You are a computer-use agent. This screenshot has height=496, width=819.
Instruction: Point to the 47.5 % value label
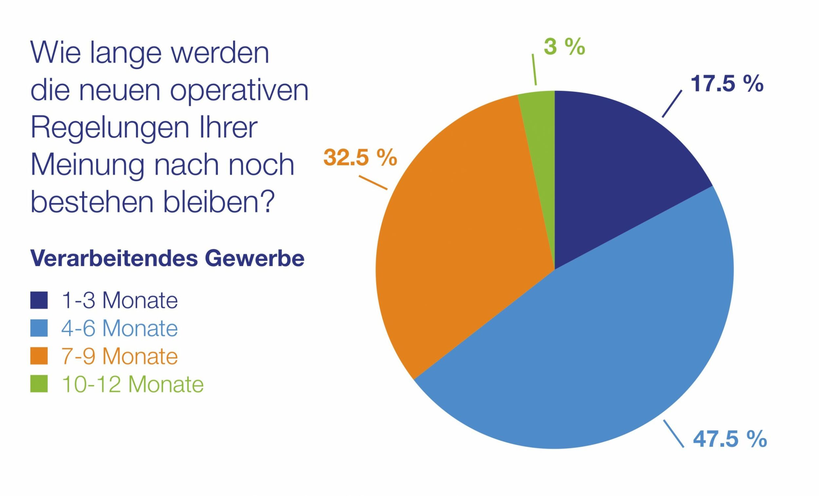click(730, 439)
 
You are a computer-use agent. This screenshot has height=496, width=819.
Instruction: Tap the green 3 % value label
click(564, 47)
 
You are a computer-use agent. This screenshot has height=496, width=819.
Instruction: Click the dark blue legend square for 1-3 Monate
click(39, 300)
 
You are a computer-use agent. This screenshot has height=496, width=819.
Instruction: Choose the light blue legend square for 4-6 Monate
click(39, 328)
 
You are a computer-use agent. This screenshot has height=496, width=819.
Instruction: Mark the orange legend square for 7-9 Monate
click(39, 356)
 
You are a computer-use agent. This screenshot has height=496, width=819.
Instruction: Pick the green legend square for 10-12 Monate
click(39, 384)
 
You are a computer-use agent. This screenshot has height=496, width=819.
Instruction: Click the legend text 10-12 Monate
click(132, 384)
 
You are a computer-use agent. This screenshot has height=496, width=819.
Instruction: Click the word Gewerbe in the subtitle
click(254, 258)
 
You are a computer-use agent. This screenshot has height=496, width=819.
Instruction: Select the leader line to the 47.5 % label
click(674, 438)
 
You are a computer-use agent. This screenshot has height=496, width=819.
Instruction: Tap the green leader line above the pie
click(534, 70)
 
